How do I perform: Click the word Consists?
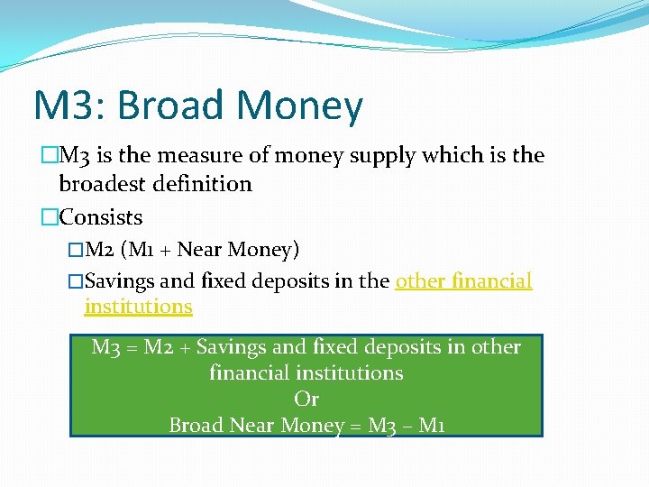(x=101, y=217)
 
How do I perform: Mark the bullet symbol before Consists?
(x=50, y=217)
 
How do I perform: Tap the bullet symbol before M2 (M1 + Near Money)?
(x=75, y=249)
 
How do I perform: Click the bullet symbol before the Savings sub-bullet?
(x=75, y=281)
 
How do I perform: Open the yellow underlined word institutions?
(x=138, y=307)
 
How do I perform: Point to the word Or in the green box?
(x=306, y=399)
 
